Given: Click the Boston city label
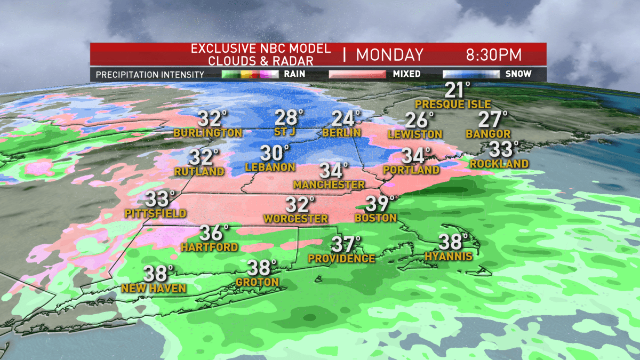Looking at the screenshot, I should pyautogui.click(x=376, y=218).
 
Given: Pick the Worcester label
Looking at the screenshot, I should pyautogui.click(x=295, y=219).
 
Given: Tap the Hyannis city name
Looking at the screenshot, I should pyautogui.click(x=449, y=257).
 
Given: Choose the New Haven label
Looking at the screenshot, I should pyautogui.click(x=154, y=289).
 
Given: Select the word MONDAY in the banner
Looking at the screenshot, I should pyautogui.click(x=389, y=55).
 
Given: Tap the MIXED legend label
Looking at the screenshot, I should pyautogui.click(x=406, y=74).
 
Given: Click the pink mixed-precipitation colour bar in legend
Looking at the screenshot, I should pyautogui.click(x=357, y=74).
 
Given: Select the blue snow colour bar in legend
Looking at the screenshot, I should pyautogui.click(x=471, y=74).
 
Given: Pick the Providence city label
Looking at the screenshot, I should pyautogui.click(x=341, y=258).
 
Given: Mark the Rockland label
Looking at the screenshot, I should pyautogui.click(x=499, y=164).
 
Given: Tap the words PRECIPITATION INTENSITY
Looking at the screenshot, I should pyautogui.click(x=150, y=75).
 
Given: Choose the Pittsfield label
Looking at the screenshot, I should pyautogui.click(x=155, y=213).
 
